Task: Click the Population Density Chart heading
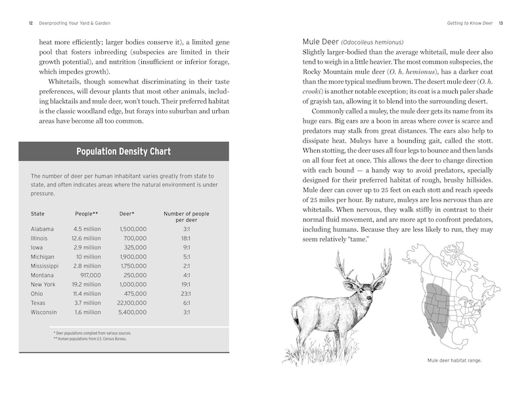coord(123,152)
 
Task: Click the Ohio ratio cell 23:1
coord(187,293)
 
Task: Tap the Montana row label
coord(42,275)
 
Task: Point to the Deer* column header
coord(127,214)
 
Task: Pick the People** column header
coord(86,214)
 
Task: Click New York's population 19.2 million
coord(86,284)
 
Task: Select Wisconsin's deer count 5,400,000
coord(133,312)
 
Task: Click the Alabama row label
coord(42,228)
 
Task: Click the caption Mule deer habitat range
coord(454,360)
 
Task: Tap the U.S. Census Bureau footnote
coord(89,339)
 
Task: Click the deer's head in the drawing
coord(358,287)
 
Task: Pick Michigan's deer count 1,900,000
coord(133,257)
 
